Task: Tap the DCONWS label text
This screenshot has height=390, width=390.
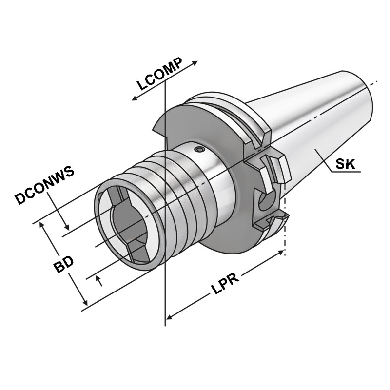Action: pos(44,185)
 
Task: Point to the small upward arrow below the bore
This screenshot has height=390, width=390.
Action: pos(100,280)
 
